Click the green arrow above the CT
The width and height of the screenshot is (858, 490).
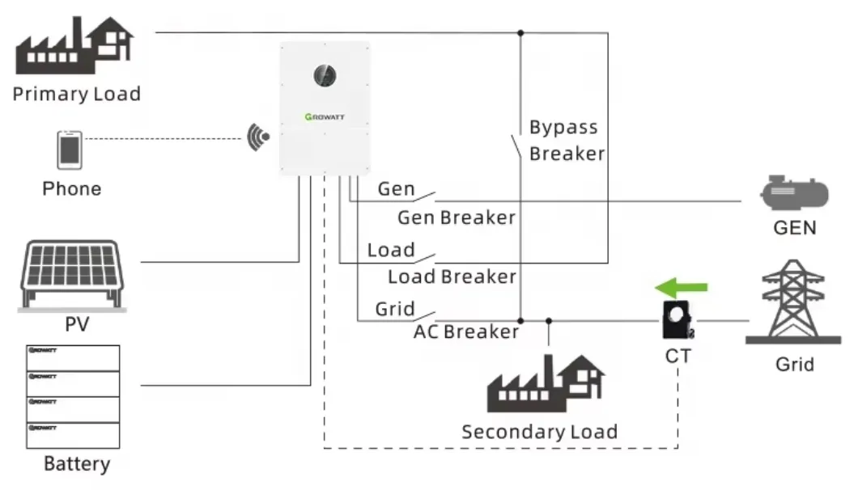681,287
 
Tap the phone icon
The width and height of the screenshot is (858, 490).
70,150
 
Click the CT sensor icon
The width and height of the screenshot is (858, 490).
677,321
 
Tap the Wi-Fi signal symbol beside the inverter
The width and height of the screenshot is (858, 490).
258,136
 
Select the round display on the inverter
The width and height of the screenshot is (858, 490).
325,76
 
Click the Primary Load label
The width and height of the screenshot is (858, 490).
76,94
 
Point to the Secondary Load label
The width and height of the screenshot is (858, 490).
539,432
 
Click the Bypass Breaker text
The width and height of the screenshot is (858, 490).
566,141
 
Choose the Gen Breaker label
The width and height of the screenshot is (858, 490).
456,218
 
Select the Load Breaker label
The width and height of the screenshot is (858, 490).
452,277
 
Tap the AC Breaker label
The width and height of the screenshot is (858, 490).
466,332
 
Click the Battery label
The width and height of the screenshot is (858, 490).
76,464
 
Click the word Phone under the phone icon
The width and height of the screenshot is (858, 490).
72,189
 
